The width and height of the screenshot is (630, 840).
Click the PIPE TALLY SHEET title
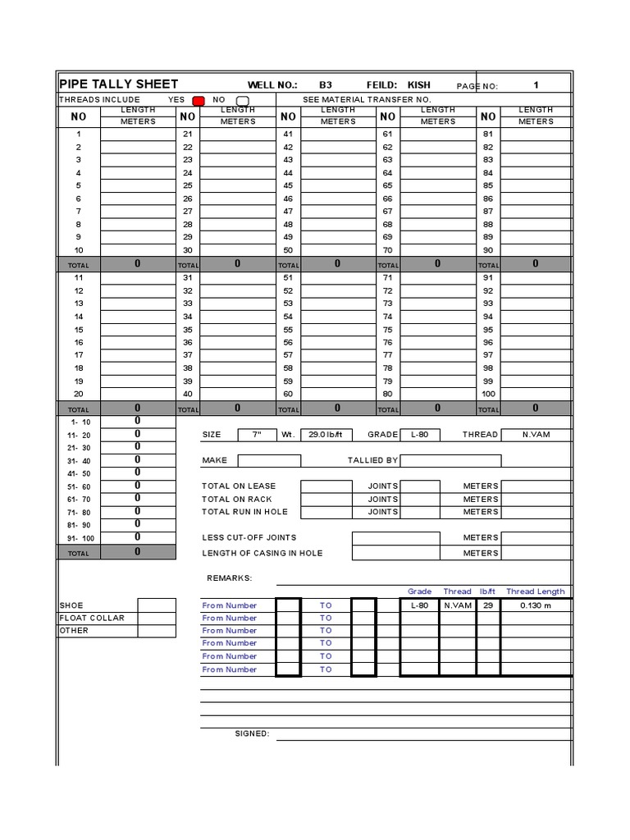pos(118,84)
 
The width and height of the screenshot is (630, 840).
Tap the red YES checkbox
pos(198,100)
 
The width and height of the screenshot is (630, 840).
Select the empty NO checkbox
pos(242,100)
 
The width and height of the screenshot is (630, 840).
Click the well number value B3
pos(326,85)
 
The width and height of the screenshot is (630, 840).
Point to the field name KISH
pos(419,85)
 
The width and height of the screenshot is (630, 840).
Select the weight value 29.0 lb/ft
pos(324,435)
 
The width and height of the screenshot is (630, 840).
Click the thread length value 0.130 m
pos(536,605)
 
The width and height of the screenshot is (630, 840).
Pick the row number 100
pos(488,394)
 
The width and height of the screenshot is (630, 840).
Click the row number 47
pos(288,212)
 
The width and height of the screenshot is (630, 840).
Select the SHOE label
pos(71,605)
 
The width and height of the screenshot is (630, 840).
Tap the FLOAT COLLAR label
pos(92,618)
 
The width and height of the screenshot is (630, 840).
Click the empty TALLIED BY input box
pos(450,461)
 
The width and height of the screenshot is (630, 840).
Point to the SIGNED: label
pos(252,733)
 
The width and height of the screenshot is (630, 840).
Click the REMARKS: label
pos(230,578)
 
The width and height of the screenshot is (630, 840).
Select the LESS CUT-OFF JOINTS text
pos(249,538)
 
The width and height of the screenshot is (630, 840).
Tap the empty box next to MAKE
pos(269,461)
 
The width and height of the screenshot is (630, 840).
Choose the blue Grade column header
pos(419,591)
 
